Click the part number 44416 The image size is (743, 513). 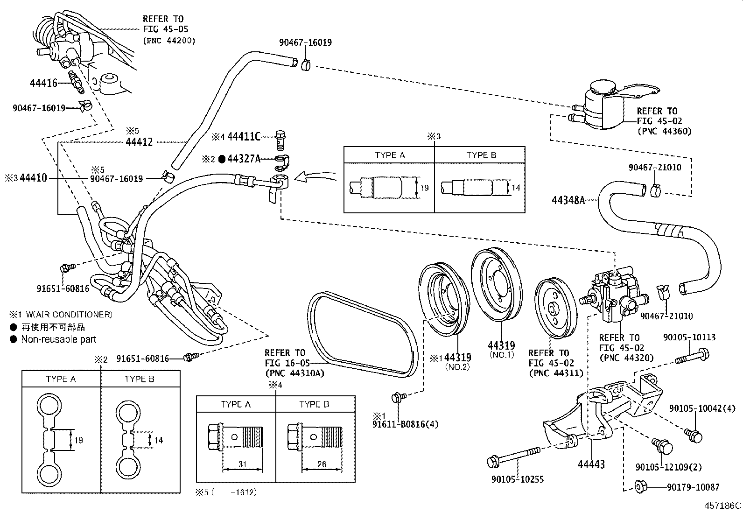43,83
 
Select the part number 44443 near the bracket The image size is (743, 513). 591,464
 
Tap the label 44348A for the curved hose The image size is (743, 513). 568,200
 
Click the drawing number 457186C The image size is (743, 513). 722,506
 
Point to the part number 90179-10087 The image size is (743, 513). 693,487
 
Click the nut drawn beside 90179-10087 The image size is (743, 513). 641,487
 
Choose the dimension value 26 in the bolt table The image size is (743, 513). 322,464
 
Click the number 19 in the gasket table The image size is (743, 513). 79,440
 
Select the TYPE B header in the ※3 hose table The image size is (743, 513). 481,155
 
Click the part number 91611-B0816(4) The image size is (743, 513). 405,424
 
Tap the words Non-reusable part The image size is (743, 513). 59,339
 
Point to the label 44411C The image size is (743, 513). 244,137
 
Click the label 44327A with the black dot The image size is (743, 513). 244,159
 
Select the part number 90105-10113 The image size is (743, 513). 689,337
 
